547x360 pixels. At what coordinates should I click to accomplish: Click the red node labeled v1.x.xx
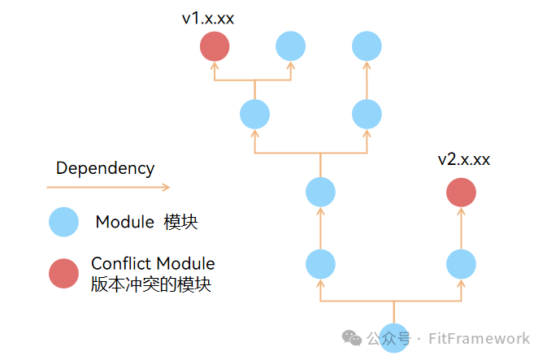[215, 46]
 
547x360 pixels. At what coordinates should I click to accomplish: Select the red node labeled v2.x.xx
[461, 193]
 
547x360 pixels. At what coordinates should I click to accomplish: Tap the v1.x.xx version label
[208, 18]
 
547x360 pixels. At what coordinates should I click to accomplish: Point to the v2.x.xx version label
[463, 159]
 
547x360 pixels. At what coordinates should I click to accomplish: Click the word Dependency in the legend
[105, 168]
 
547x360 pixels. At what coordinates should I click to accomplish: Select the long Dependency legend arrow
[107, 188]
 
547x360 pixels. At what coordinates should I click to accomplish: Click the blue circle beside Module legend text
[63, 222]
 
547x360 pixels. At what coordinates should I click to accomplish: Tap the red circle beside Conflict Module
[63, 273]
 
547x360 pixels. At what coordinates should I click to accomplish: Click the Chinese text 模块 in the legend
[180, 222]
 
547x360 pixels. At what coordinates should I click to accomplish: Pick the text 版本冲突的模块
[151, 284]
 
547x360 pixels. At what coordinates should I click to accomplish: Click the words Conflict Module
[153, 264]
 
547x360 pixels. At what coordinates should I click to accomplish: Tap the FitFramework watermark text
[478, 338]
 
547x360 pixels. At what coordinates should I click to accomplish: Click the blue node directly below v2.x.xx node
[461, 264]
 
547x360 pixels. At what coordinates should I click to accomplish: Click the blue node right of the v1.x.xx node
[290, 46]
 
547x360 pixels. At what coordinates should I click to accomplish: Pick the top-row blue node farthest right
[367, 46]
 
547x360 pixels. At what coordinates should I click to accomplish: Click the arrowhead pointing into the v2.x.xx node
[461, 211]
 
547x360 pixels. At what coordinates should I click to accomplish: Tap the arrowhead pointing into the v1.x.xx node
[215, 65]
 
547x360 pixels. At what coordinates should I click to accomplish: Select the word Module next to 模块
[124, 222]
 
